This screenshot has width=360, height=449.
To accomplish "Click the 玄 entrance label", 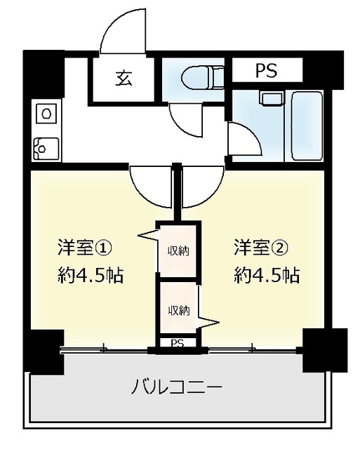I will pyautogui.click(x=123, y=78).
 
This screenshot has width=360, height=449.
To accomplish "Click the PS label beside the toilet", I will pyautogui.click(x=265, y=70).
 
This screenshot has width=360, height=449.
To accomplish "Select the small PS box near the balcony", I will pyautogui.click(x=178, y=343).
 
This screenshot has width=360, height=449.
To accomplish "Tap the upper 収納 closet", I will pyautogui.click(x=178, y=250).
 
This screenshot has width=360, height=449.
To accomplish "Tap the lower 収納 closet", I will pyautogui.click(x=178, y=310).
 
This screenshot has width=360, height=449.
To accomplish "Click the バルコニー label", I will pyautogui.click(x=177, y=387).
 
